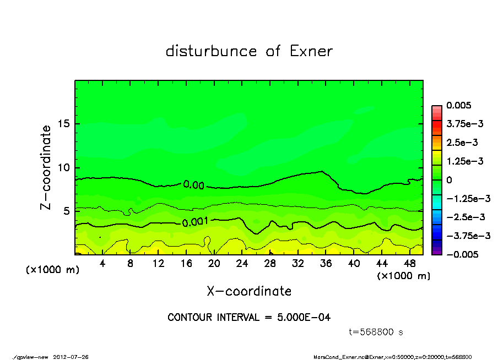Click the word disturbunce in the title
pyautogui.click(x=212, y=51)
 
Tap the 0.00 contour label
pyautogui.click(x=194, y=185)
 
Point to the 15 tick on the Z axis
pyautogui.click(x=64, y=124)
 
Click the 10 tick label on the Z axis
pyautogui.click(x=64, y=167)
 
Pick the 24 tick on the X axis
pyautogui.click(x=242, y=264)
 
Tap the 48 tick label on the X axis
pyautogui.click(x=410, y=264)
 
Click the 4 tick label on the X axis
pyautogui.click(x=102, y=264)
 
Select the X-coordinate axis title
pyautogui.click(x=249, y=291)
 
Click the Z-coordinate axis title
pyautogui.click(x=46, y=167)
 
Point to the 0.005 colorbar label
pyautogui.click(x=459, y=106)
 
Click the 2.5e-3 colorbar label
pyautogui.click(x=462, y=143)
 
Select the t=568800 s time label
pyautogui.click(x=376, y=332)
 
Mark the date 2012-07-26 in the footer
pyautogui.click(x=71, y=357)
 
